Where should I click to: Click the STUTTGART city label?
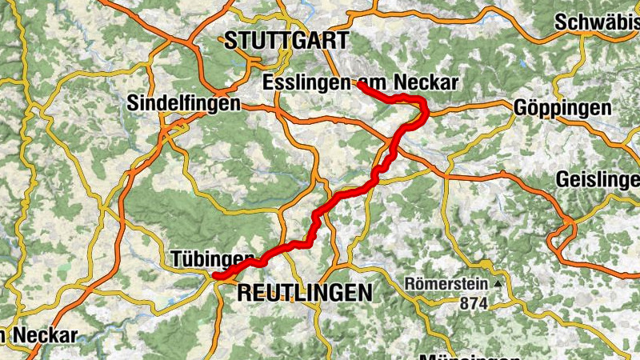click(286, 41)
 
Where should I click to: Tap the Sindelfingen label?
click(183, 103)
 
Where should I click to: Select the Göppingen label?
click(563, 107)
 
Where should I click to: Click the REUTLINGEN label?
click(305, 293)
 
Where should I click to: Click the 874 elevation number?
click(474, 303)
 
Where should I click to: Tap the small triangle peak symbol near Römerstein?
click(498, 283)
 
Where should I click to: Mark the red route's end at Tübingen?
click(215, 277)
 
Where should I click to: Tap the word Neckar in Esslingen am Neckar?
click(428, 82)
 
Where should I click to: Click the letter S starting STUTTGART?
click(230, 41)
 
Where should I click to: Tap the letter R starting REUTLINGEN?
click(244, 293)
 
